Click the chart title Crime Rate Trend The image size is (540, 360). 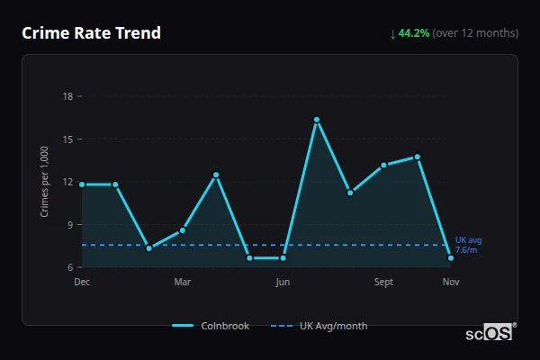click(x=92, y=33)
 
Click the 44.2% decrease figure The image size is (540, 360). click(x=414, y=33)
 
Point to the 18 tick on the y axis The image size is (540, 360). click(x=68, y=96)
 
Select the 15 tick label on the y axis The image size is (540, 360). click(x=68, y=139)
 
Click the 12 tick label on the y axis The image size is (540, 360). click(x=68, y=182)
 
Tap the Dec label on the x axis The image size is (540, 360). click(x=82, y=282)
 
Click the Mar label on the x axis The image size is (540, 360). click(x=183, y=282)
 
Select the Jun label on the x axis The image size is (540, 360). click(x=283, y=282)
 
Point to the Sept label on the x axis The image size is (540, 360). click(x=383, y=282)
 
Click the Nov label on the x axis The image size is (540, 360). click(x=451, y=282)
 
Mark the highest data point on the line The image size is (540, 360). click(x=317, y=120)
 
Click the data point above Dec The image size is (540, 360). click(x=82, y=184)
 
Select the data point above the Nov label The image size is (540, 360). click(x=451, y=258)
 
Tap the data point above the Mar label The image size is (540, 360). click(x=183, y=230)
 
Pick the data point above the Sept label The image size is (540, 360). click(x=383, y=165)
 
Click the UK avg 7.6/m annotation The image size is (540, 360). click(x=467, y=245)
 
